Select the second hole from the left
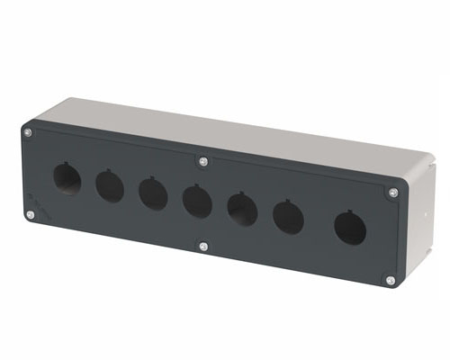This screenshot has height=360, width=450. coord(110,186)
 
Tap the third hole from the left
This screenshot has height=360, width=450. coord(152,193)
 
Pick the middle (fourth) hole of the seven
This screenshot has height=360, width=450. coord(197,200)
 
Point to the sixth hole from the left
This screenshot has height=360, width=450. coord(288,217)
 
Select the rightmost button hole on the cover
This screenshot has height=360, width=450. coord(350,228)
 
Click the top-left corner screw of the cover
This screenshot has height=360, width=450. coord(28,133)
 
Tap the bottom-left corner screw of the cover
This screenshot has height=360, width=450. coord(30,214)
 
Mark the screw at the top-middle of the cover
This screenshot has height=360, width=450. coord(202,162)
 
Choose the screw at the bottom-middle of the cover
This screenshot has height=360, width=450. coord(203,246)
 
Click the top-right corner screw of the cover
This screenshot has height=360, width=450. coord(392,192)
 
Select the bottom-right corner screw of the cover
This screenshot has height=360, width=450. coord(390,280)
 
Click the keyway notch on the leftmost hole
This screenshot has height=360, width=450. coord(66,165)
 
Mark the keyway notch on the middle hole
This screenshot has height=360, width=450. coord(196,186)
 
